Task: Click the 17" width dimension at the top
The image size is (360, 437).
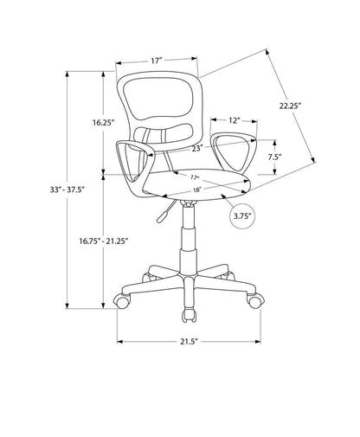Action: [156, 61]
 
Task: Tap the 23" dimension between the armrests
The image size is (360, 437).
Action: [196, 149]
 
